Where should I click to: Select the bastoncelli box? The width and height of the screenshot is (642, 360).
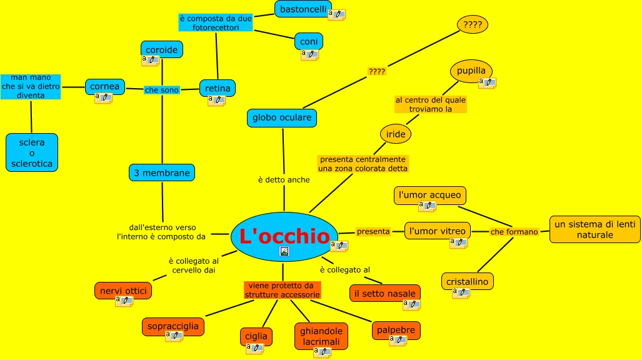[x=303, y=9]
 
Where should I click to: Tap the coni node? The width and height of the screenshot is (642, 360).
[x=309, y=41]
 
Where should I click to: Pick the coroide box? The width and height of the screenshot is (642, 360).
[x=161, y=49]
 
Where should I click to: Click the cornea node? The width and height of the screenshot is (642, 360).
[x=104, y=86]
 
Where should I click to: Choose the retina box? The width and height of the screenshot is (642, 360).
[x=218, y=88]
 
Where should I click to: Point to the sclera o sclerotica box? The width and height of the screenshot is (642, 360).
[x=32, y=152]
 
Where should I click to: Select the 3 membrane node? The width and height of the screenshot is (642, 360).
[x=162, y=172]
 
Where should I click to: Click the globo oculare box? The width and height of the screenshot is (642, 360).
[x=281, y=117]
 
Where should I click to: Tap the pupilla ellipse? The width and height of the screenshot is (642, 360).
[x=471, y=71]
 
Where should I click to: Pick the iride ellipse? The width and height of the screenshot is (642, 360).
[x=396, y=134]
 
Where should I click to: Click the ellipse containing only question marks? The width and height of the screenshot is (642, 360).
[x=473, y=25]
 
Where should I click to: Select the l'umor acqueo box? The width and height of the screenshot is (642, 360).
[x=430, y=195]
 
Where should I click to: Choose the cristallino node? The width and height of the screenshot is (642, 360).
[x=467, y=282]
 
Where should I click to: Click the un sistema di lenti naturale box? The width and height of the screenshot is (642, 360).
[x=595, y=229]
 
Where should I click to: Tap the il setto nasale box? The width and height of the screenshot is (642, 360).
[x=385, y=293]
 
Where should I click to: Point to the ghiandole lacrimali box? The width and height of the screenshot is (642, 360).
[x=321, y=336]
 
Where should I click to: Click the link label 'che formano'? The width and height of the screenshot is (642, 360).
[x=514, y=232]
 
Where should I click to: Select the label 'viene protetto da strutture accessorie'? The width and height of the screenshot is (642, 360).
[x=283, y=290]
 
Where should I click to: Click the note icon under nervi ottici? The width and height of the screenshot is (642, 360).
[x=124, y=301]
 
